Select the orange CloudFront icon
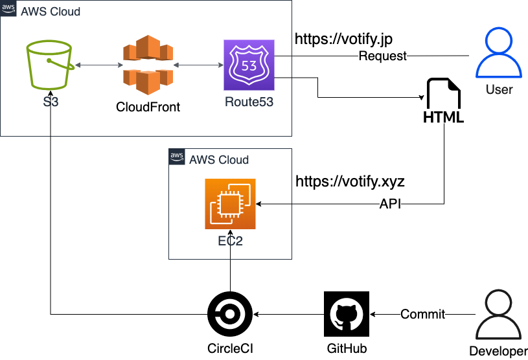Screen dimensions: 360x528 (x=150, y=67)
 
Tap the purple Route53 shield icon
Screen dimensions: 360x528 (x=249, y=65)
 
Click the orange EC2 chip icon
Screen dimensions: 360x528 (x=231, y=204)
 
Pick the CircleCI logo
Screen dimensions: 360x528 (x=230, y=314)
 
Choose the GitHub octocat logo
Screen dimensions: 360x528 (x=347, y=314)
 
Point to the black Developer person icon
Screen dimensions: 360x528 (x=499, y=316)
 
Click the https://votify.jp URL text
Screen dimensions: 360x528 (x=343, y=39)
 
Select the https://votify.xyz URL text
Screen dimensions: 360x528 (x=350, y=181)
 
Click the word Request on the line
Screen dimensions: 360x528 (x=383, y=56)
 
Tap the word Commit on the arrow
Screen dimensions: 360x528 (x=422, y=314)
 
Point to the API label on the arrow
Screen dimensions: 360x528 (x=390, y=204)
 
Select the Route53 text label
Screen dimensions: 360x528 (x=249, y=102)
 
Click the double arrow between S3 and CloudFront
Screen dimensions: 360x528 (x=98, y=65)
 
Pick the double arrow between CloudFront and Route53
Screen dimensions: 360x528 (x=199, y=65)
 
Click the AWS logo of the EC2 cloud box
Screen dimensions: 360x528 (x=176, y=156)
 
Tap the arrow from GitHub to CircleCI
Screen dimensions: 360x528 (x=288, y=314)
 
